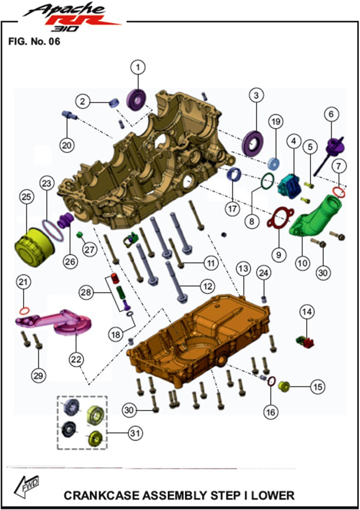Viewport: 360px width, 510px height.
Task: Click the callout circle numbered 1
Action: coord(138,67)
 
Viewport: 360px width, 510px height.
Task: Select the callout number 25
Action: coord(27,197)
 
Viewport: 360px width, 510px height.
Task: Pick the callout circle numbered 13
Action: coord(244,269)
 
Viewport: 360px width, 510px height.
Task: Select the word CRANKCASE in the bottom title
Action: coord(102,495)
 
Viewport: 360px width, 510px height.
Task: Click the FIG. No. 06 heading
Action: coord(34,42)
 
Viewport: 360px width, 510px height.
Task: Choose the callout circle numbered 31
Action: coord(136,433)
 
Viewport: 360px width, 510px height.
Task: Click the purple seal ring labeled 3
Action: coord(253,143)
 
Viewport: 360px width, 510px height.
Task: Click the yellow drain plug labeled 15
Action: coord(284,386)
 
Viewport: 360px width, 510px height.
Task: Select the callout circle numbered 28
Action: coord(86,292)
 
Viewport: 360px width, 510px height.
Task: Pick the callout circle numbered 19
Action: coord(275,122)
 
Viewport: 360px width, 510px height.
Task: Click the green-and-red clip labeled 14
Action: coord(305,342)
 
